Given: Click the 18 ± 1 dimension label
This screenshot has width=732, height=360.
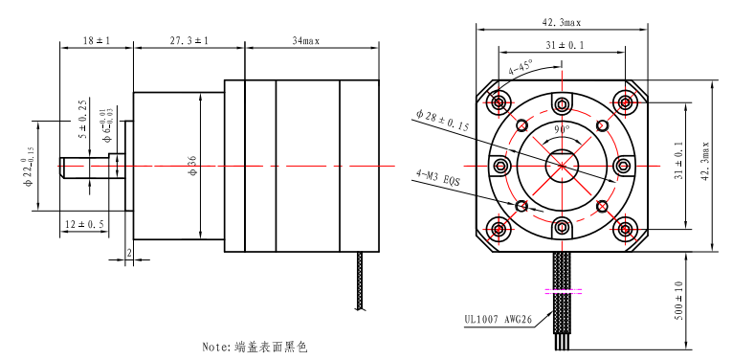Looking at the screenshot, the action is [x=97, y=40].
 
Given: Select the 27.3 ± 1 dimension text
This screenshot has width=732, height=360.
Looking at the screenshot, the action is [x=189, y=40].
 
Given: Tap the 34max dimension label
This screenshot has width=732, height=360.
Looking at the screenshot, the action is [x=306, y=40].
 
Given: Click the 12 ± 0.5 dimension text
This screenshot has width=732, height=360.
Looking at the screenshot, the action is [x=84, y=225].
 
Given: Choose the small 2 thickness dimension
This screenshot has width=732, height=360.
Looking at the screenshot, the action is [x=129, y=253].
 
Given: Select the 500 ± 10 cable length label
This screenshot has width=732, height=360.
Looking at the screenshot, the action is [x=678, y=301].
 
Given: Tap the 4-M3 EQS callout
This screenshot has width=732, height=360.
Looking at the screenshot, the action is [x=438, y=179].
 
